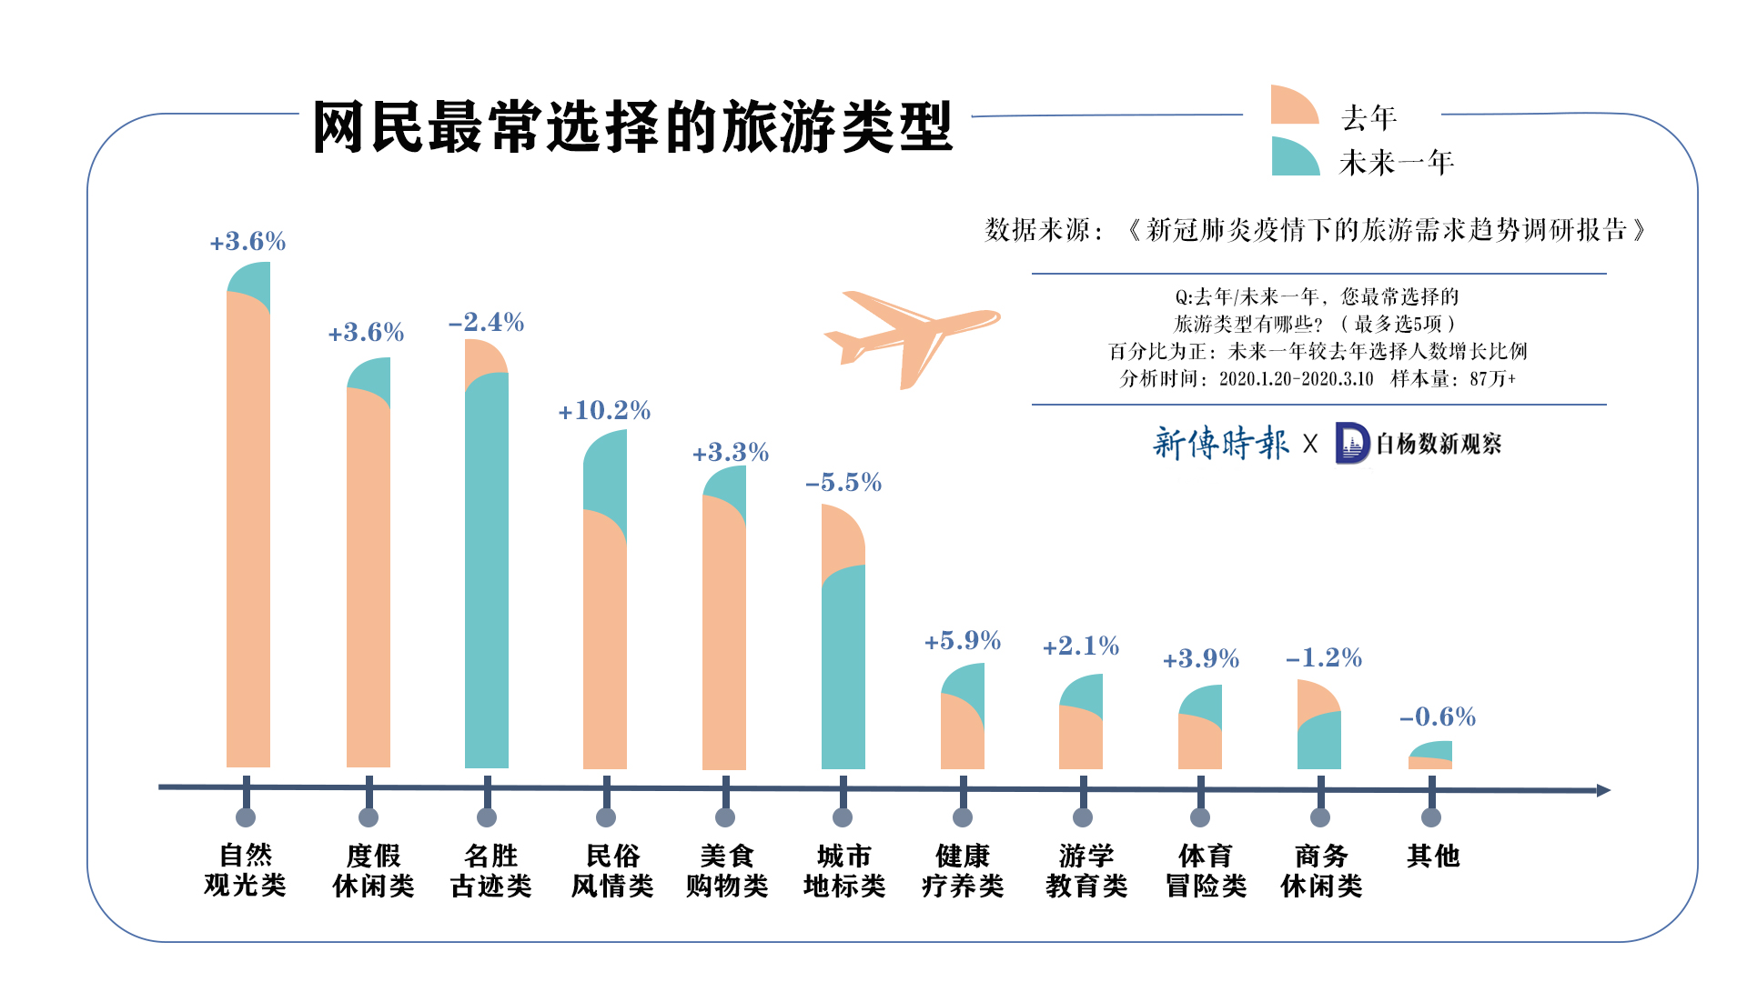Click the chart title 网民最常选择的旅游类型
coord(632,127)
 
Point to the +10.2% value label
coord(604,411)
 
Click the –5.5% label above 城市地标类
coord(843,483)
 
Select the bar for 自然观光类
coord(248,527)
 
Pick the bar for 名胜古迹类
coord(487,564)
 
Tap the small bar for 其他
coord(1430,756)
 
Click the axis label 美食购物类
coord(726,870)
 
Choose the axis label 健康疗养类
coord(962,870)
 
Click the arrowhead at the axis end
coord(1603,790)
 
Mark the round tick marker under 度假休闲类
coord(369,817)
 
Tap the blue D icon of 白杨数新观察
coord(1352,444)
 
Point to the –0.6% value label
coord(1438,717)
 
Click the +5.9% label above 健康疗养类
coord(963,641)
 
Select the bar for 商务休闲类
coord(1319,727)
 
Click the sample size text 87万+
coord(1492,379)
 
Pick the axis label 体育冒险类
coord(1206,870)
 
